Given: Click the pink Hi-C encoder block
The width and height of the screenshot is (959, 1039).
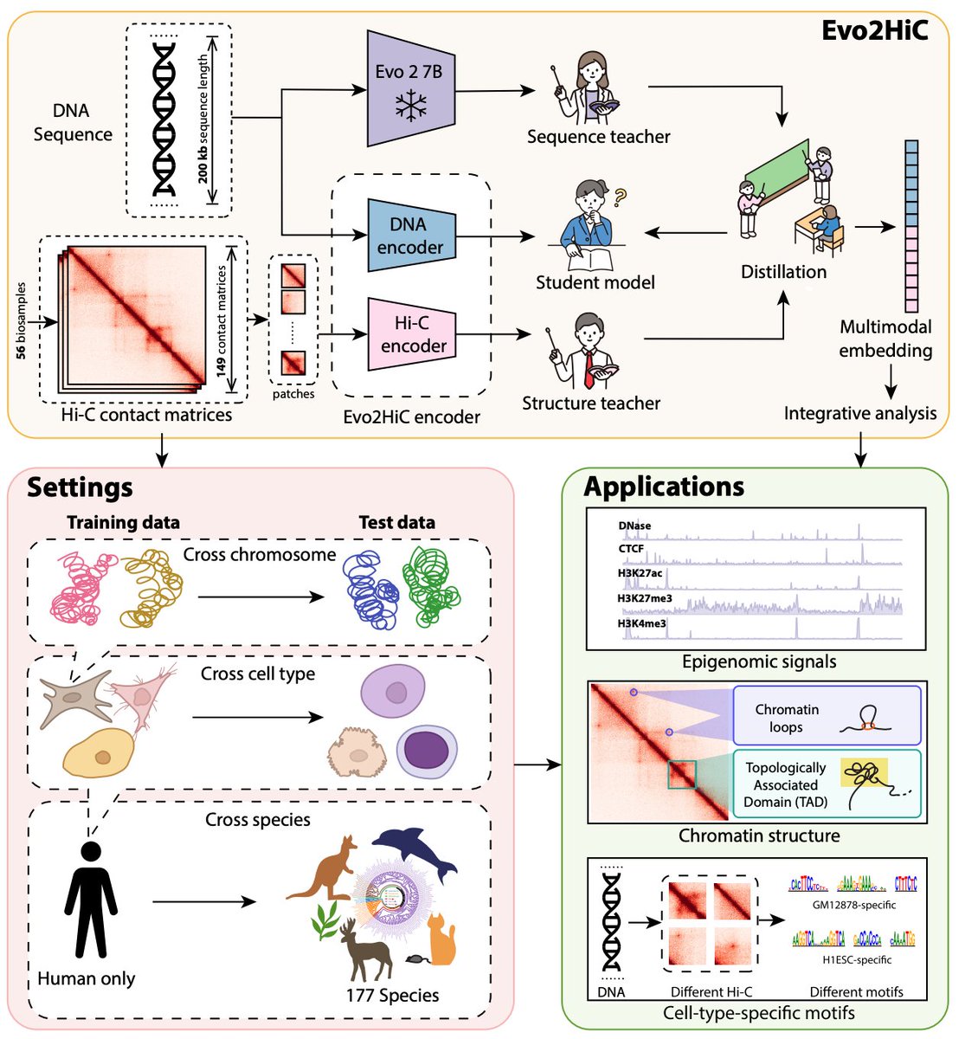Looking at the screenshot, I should pos(413,334).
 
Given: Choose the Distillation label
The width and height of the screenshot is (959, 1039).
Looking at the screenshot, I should pos(783,272).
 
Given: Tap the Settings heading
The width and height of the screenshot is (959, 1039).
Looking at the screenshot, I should pos(80,487).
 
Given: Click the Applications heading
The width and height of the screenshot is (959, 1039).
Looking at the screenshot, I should pos(664,487).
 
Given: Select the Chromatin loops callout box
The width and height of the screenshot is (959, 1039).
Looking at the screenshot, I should pos(826,715).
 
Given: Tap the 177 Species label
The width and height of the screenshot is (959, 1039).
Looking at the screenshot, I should pos(392,995).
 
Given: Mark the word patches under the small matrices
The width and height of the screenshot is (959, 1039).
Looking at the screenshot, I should pos(293,394).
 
